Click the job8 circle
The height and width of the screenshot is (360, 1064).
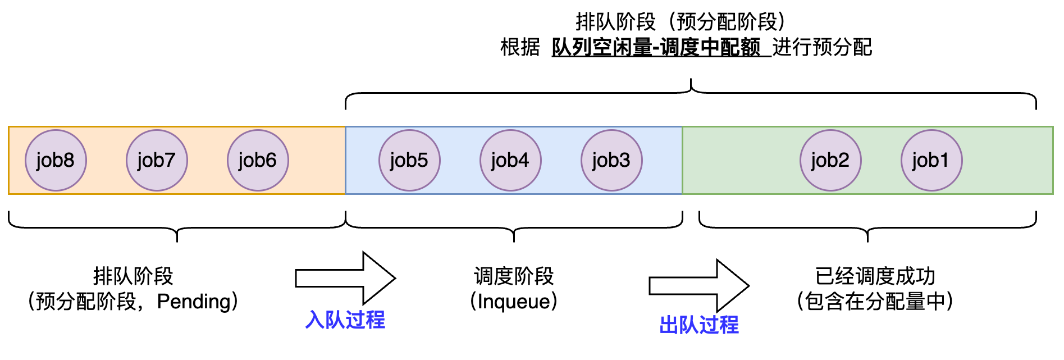56,161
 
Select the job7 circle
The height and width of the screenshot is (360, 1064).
157,161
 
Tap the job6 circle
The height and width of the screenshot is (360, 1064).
258,161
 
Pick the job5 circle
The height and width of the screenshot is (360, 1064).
409,161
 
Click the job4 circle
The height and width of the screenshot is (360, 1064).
510,161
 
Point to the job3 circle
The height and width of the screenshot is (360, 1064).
611,161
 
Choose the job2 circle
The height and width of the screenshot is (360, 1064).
830,161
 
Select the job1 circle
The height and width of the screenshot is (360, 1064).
931,161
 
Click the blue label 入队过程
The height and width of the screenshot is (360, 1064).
345,320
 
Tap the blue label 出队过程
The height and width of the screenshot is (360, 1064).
699,325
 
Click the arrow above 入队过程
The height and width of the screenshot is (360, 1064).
345,278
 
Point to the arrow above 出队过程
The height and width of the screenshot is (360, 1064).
699,286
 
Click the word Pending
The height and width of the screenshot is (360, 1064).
194,302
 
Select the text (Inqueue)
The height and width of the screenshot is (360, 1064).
514,302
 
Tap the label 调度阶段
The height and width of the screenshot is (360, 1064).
514,276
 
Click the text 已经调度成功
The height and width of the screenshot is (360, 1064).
875,276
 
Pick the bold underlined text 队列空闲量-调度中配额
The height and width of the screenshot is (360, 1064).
656,47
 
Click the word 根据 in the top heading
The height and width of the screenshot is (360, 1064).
520,47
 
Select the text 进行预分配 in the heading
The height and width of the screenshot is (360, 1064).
822,47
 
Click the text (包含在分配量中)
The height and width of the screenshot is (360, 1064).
875,302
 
